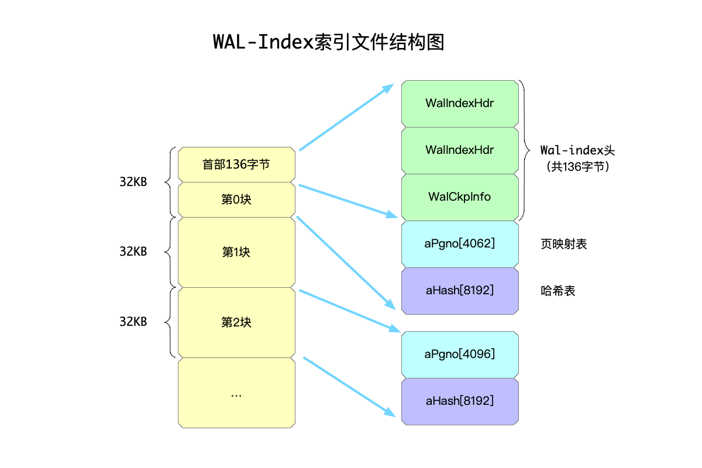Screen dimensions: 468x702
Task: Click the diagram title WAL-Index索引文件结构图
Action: (x=328, y=42)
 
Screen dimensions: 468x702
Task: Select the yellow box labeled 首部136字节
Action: (x=236, y=164)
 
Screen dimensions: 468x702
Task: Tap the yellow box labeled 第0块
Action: (x=236, y=199)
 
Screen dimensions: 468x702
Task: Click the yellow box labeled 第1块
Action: (x=236, y=252)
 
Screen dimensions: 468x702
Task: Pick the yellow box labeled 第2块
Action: (x=236, y=322)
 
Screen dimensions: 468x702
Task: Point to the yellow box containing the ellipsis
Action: (x=236, y=393)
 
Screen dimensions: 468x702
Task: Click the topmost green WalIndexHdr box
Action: (x=460, y=104)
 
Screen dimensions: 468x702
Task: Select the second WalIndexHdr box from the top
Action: (x=460, y=150)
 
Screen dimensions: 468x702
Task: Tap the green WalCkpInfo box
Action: (x=460, y=197)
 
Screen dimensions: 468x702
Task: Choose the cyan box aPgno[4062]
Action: (x=460, y=244)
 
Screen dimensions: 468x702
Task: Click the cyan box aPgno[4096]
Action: (x=460, y=354)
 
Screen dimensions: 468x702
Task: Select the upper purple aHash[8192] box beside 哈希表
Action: (x=460, y=290)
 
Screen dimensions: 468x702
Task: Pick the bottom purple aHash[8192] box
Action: (x=460, y=401)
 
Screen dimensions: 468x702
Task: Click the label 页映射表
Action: (x=564, y=244)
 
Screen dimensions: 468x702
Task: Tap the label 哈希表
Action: (x=558, y=290)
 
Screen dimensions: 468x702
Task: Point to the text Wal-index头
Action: (x=577, y=150)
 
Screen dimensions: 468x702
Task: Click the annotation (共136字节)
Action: (x=577, y=167)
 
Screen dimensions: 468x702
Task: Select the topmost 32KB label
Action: (x=133, y=182)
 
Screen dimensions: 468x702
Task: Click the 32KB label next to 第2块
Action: (x=133, y=322)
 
